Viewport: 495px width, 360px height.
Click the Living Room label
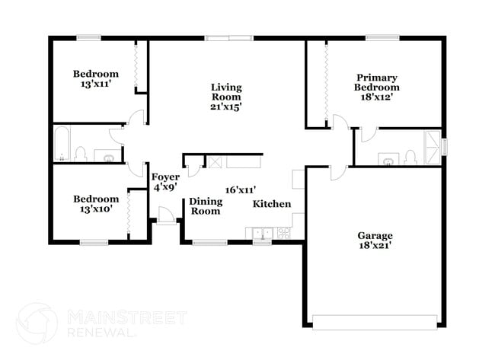coord(226,97)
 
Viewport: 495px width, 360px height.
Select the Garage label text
coord(375,240)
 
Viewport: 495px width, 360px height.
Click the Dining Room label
coord(205,206)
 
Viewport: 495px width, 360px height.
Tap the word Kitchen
coord(272,204)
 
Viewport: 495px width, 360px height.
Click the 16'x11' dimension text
coord(240,190)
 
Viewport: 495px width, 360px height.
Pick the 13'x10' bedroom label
coord(95,204)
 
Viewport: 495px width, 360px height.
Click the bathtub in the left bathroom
coord(61,145)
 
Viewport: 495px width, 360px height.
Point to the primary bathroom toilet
coord(411,158)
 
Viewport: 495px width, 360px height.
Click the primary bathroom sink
coord(390,160)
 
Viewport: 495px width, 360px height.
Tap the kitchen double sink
coord(263,233)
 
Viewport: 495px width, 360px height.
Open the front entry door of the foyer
coord(165,217)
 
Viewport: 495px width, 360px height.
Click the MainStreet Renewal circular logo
coord(37,323)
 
